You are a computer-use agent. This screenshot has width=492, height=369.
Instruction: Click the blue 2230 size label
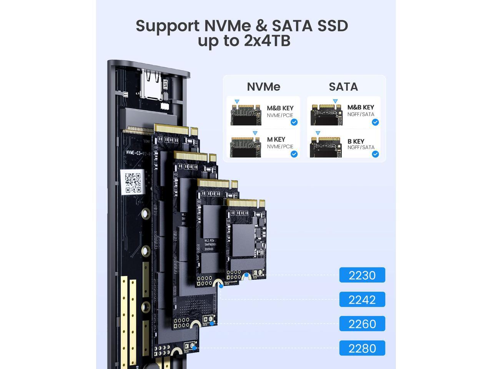[362, 275]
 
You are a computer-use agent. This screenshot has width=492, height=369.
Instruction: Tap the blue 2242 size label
[362, 299]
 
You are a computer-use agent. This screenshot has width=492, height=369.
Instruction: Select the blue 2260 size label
[362, 324]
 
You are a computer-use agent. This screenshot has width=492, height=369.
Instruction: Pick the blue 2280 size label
[362, 348]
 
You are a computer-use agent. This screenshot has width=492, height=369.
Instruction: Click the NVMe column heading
[263, 87]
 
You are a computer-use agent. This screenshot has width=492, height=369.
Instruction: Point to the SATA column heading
[343, 87]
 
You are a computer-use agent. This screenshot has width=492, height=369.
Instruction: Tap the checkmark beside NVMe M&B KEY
[294, 122]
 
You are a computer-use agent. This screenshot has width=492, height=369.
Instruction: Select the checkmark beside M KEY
[294, 154]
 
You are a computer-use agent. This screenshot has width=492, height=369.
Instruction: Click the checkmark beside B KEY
[375, 154]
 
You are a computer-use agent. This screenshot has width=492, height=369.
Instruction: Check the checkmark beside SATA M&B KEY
[375, 122]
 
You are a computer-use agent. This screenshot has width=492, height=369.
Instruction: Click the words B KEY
[356, 141]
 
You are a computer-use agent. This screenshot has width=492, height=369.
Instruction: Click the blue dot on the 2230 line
[246, 275]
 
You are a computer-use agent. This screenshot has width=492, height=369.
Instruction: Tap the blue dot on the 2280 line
[195, 348]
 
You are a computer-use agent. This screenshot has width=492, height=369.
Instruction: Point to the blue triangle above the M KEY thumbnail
[255, 133]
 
